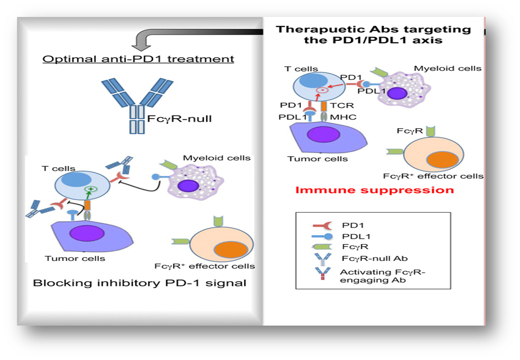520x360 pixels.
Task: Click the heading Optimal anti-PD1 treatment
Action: pyautogui.click(x=138, y=59)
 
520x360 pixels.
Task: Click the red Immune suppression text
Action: pyautogui.click(x=375, y=190)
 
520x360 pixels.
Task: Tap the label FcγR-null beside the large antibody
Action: pyautogui.click(x=179, y=119)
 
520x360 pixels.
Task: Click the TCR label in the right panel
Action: pyautogui.click(x=342, y=105)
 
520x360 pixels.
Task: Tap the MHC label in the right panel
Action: pyautogui.click(x=343, y=117)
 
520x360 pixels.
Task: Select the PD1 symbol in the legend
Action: pyautogui.click(x=322, y=226)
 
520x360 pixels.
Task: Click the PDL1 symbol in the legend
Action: pyautogui.click(x=322, y=237)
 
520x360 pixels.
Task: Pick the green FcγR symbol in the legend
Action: pyautogui.click(x=322, y=247)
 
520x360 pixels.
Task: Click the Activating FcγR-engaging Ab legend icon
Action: pyautogui.click(x=322, y=274)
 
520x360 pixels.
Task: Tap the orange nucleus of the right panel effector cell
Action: pyautogui.click(x=442, y=160)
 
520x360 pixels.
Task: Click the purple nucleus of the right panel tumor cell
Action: pyautogui.click(x=323, y=134)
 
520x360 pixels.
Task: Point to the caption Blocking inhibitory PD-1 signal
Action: pyautogui.click(x=140, y=283)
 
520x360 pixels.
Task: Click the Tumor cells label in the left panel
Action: pyautogui.click(x=75, y=258)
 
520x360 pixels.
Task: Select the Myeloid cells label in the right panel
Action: pyautogui.click(x=448, y=68)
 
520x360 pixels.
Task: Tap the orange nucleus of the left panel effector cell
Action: pyautogui.click(x=231, y=250)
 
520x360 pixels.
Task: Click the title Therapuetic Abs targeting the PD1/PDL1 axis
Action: pyautogui.click(x=373, y=34)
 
